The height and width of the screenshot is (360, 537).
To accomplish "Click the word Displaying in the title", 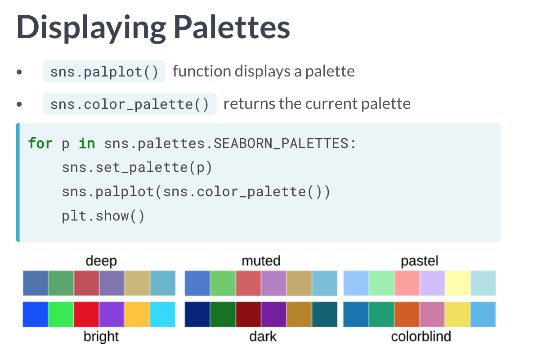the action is pyautogui.click(x=91, y=28).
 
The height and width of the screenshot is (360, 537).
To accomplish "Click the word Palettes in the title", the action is pyautogui.click(x=232, y=27).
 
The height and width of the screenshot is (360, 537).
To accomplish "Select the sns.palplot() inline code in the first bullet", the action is pyautogui.click(x=104, y=72).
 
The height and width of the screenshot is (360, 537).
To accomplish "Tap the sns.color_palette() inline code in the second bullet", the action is pyautogui.click(x=130, y=104).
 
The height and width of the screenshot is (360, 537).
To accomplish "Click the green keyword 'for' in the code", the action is pyautogui.click(x=40, y=143).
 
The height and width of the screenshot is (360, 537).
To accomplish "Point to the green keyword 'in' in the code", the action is pyautogui.click(x=87, y=143).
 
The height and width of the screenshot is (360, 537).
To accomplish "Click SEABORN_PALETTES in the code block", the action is pyautogui.click(x=281, y=143).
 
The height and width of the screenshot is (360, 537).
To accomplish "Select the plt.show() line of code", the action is pyautogui.click(x=103, y=216).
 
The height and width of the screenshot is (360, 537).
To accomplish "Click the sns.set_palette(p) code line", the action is pyautogui.click(x=137, y=167).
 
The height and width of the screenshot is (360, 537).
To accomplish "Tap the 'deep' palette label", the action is pyautogui.click(x=101, y=261).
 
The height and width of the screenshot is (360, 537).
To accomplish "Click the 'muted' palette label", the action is pyautogui.click(x=261, y=261).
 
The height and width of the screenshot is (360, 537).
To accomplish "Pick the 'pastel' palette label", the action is pyautogui.click(x=420, y=261).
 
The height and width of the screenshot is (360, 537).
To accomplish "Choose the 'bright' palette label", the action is pyautogui.click(x=101, y=336).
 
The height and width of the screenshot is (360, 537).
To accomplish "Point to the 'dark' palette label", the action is pyautogui.click(x=263, y=336).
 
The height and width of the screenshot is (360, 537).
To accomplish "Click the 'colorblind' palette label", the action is pyautogui.click(x=421, y=336).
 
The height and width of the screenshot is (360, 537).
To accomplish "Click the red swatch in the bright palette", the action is pyautogui.click(x=86, y=314).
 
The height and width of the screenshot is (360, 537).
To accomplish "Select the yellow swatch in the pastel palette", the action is pyautogui.click(x=458, y=283).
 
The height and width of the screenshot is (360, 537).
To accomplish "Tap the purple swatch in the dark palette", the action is pyautogui.click(x=273, y=314).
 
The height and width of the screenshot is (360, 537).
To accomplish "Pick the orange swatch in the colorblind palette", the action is pyautogui.click(x=407, y=314).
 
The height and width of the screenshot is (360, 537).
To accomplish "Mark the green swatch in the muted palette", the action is pyautogui.click(x=223, y=283).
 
